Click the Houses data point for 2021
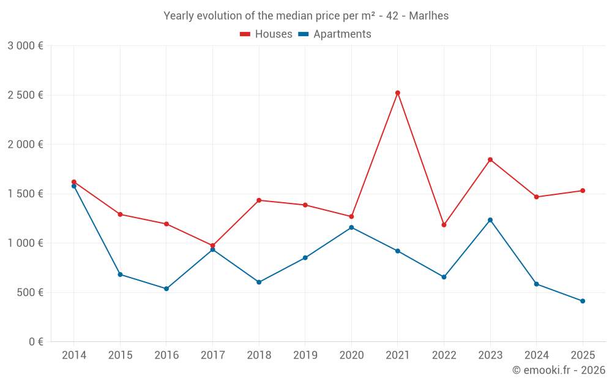398,93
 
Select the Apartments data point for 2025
583,301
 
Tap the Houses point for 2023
490,160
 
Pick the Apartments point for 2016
166,289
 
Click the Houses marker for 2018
259,200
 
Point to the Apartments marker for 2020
351,227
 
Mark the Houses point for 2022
444,225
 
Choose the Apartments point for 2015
120,275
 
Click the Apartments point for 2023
490,220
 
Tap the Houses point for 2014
74,182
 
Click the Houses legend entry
266,34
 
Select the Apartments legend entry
335,34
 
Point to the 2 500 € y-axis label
25,95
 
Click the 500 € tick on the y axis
29,292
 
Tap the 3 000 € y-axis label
25,46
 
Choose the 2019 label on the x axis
305,355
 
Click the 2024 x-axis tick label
536,355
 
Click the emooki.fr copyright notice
558,370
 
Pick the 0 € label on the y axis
35,342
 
